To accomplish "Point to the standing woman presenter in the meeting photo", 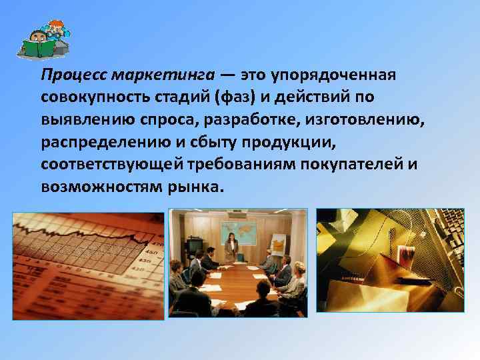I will coord(231,247).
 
